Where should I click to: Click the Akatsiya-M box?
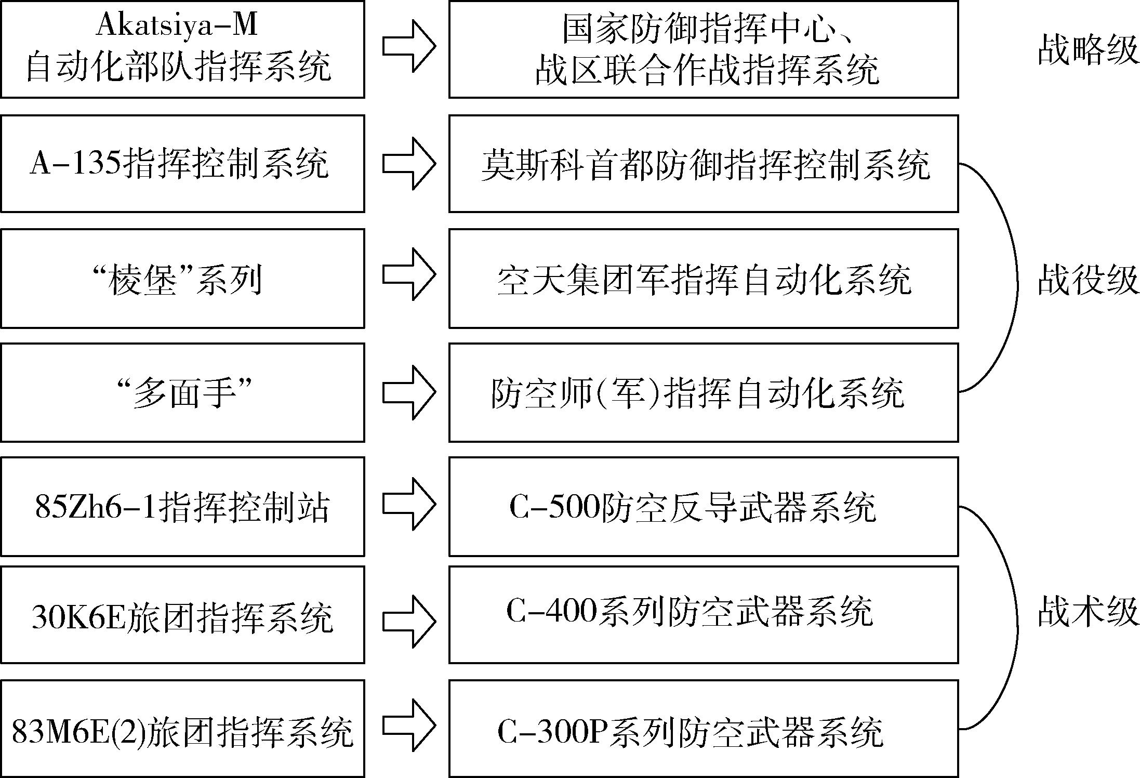182,49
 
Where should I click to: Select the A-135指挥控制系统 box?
182,164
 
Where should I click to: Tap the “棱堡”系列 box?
182,279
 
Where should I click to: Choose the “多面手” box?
182,392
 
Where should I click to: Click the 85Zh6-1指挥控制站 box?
182,507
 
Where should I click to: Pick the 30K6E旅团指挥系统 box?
182,615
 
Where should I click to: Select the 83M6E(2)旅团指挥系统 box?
182,729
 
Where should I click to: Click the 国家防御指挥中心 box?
704,49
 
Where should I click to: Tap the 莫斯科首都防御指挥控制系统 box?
704,164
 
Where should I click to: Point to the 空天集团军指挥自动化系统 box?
704,279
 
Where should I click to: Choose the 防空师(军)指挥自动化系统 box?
704,392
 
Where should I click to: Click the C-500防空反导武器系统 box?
704,507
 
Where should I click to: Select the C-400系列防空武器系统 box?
704,615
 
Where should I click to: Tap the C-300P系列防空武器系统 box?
704,729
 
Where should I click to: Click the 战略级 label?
1088,50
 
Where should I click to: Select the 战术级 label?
1088,612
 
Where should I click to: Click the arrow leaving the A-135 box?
409,164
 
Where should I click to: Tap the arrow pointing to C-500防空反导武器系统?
409,504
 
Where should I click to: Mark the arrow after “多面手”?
409,392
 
